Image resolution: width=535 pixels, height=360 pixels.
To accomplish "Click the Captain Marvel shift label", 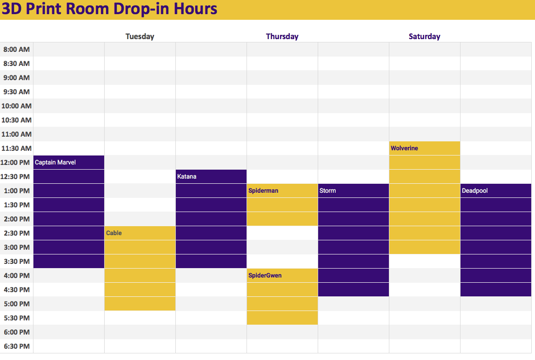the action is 55,163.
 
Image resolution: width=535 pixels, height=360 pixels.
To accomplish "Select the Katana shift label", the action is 187,176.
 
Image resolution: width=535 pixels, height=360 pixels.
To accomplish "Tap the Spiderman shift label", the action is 263,191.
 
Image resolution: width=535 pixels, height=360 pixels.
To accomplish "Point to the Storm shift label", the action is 328,191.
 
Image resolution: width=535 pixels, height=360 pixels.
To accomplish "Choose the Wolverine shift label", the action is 404,148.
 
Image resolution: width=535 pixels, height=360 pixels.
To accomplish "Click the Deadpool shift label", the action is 475,191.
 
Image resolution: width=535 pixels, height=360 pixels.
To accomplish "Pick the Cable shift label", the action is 114,233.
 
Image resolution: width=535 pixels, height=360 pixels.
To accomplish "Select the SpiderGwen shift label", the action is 265,275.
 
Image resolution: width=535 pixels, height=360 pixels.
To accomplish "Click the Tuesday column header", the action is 140,36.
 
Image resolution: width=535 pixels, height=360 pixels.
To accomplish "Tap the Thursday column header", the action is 282,36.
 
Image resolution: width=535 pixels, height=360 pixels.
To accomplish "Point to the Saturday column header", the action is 424,36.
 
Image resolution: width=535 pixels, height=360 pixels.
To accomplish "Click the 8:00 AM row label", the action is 16,49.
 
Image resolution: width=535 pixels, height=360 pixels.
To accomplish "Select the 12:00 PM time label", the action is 15,163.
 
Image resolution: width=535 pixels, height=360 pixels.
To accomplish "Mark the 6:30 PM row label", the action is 16,346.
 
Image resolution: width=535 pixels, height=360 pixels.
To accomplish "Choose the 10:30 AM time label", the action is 16,120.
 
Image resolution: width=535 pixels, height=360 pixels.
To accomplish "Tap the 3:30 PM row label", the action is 16,262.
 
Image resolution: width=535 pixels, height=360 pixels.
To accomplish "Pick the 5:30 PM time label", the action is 16,318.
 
